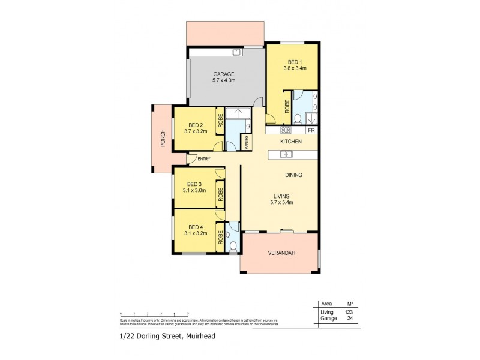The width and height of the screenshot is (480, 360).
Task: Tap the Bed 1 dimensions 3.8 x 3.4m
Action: (x=296, y=68)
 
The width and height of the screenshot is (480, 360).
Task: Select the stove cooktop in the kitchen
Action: (x=286, y=130)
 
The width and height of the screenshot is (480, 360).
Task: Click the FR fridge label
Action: (x=311, y=130)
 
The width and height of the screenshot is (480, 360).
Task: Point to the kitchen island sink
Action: (x=287, y=155)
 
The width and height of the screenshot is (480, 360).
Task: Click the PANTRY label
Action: (x=246, y=142)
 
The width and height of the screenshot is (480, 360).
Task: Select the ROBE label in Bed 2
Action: (x=220, y=121)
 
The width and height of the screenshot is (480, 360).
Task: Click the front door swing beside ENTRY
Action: (x=190, y=160)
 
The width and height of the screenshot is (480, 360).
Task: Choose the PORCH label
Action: (x=162, y=139)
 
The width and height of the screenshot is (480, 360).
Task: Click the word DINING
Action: (x=293, y=175)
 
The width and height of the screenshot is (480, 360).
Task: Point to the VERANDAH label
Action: (x=280, y=253)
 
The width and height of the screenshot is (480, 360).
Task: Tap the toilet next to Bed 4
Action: (x=233, y=245)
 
